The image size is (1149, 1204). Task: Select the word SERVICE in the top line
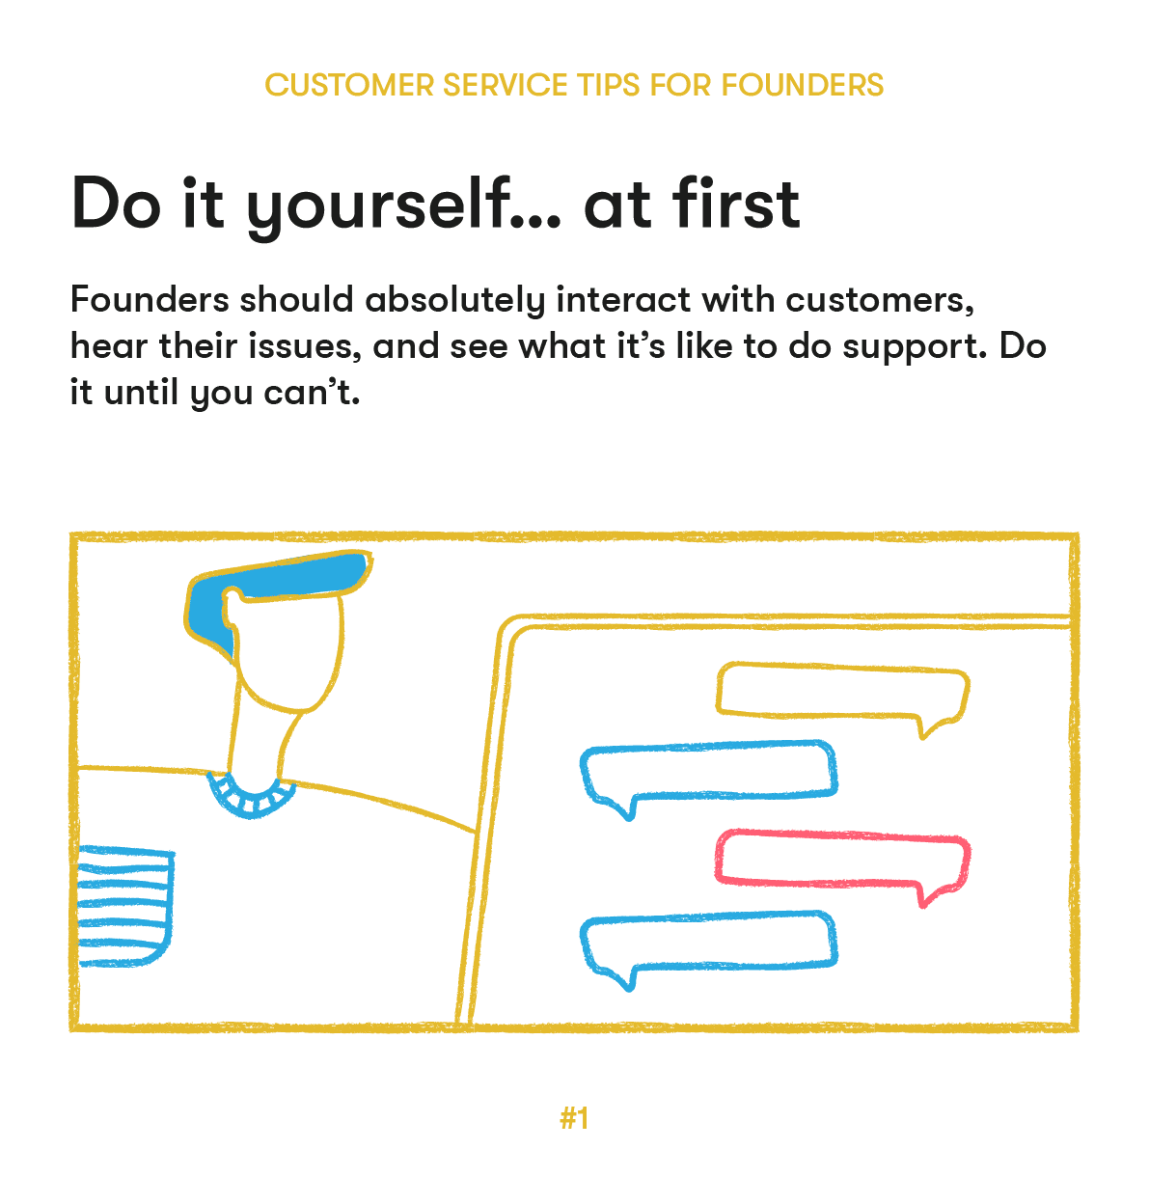[507, 85]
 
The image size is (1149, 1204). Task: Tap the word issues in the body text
[306, 345]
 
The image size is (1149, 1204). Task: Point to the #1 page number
[574, 1118]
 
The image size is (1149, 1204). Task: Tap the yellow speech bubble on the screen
[841, 691]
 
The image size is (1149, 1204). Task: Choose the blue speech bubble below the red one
[708, 942]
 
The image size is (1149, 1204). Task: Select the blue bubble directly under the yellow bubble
[708, 770]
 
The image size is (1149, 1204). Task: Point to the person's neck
[260, 743]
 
